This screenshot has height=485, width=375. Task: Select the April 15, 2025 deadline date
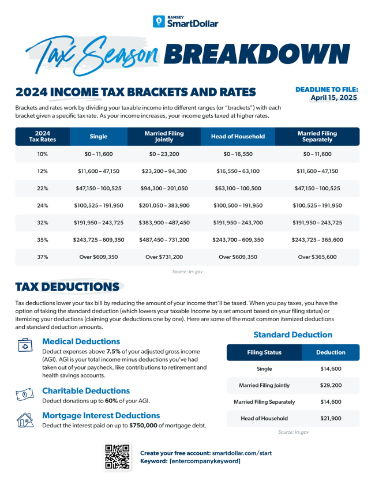click(x=334, y=98)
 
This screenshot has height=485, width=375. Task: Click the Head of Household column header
click(x=238, y=137)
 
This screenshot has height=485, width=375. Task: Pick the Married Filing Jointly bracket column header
click(x=164, y=137)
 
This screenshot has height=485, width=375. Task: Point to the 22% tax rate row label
click(x=42, y=189)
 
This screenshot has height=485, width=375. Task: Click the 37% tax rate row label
click(x=42, y=257)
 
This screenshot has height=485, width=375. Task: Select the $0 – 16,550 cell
click(x=238, y=155)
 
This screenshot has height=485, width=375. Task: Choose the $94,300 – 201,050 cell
click(x=164, y=189)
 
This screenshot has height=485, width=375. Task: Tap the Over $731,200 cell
click(x=164, y=257)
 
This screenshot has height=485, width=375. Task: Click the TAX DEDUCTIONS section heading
click(x=67, y=287)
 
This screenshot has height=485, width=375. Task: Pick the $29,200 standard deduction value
click(x=331, y=385)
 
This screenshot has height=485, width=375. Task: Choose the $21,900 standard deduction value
click(x=331, y=418)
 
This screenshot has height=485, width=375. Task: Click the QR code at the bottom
click(x=118, y=456)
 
